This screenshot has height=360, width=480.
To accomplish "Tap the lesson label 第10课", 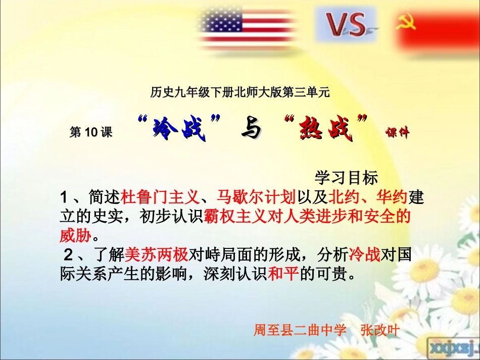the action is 91,132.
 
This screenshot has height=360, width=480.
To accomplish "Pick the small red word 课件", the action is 397,132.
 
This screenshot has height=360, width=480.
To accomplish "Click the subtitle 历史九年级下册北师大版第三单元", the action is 239,92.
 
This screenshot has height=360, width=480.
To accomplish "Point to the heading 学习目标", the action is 346,178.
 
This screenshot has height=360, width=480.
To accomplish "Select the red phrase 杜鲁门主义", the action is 160,197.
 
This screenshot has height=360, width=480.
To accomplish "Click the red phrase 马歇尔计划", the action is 256,197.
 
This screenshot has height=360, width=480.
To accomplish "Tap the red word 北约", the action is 344,197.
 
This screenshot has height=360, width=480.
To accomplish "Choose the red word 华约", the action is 392,197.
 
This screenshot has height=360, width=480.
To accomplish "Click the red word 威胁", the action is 75,235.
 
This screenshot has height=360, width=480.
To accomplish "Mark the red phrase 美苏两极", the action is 157,254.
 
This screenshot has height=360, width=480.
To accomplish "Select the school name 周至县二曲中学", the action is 300,330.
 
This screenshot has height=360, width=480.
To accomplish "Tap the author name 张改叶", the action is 380,330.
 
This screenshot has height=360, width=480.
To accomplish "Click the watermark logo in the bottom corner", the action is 454,348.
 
